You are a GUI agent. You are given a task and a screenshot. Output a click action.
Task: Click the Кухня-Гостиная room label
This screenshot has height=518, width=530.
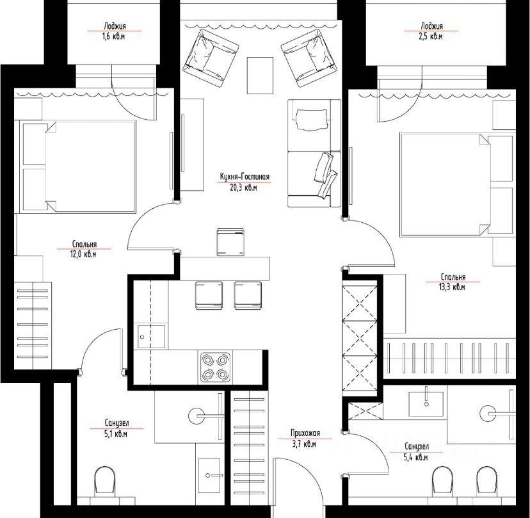245,177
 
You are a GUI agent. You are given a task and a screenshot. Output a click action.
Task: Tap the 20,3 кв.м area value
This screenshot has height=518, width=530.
243,188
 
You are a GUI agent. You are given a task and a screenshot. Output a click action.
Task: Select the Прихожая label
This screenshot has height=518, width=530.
305,433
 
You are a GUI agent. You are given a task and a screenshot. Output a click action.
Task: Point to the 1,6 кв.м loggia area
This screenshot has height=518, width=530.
113,36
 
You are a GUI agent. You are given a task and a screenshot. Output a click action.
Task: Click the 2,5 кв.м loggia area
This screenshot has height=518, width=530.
431,36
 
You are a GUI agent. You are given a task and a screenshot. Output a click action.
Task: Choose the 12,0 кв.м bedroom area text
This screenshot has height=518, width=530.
83,254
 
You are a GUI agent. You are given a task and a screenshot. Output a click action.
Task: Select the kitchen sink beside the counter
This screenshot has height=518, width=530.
151,337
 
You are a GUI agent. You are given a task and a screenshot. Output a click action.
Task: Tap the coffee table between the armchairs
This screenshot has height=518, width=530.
260,76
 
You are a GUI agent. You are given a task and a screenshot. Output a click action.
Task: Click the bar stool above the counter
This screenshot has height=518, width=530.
230,242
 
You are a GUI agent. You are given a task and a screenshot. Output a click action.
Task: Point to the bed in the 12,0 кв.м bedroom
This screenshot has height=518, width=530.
77,166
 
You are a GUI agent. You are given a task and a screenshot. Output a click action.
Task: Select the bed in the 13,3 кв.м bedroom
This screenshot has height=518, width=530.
457,184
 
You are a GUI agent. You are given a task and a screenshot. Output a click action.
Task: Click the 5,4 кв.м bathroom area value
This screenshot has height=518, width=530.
416,457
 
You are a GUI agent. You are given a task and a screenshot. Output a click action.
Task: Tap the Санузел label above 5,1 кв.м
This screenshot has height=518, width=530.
116,423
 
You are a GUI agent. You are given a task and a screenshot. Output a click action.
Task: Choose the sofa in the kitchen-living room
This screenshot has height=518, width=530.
314,153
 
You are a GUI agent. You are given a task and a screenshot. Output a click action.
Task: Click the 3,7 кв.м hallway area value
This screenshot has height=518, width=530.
304,444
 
